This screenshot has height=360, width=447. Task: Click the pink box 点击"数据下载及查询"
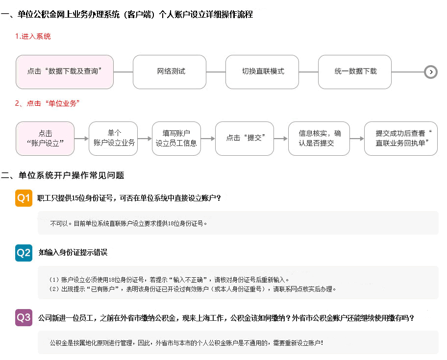(x=65, y=72)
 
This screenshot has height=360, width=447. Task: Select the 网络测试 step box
(x=170, y=72)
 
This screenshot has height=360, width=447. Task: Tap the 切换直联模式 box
(x=262, y=72)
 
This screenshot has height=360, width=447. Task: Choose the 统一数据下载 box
(x=355, y=72)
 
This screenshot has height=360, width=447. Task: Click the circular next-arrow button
(x=431, y=72)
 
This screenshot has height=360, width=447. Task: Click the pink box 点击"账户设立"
(x=45, y=139)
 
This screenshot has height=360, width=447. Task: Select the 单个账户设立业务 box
(x=113, y=139)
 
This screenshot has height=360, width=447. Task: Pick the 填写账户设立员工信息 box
(x=176, y=139)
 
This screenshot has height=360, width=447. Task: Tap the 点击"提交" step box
(x=245, y=139)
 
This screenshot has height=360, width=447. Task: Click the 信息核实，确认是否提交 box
(x=319, y=139)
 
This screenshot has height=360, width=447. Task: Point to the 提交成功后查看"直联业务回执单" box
(x=401, y=139)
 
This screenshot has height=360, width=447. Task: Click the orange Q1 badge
(x=24, y=198)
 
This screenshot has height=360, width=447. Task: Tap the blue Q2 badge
(x=24, y=253)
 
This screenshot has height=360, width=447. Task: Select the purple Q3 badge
(x=24, y=317)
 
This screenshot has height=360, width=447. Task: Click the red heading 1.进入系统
(x=33, y=36)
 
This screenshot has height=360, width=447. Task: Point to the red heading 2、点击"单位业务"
(x=47, y=103)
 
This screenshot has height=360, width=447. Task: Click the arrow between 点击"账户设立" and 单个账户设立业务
(x=81, y=139)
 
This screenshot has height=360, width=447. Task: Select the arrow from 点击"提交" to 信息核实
(x=281, y=139)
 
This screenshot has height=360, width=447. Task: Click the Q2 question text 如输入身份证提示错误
(x=73, y=252)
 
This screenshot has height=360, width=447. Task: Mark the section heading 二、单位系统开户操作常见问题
(x=62, y=175)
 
